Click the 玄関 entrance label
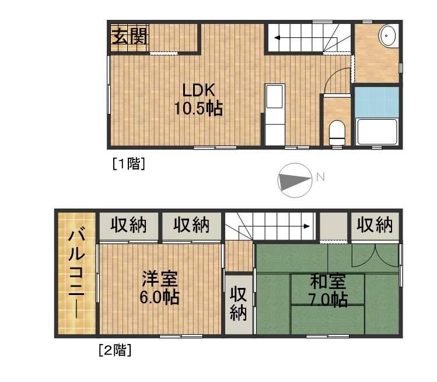pos(130,37)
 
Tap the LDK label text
pos(199,91)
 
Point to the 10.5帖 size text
pos(198,109)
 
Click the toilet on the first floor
pos(337,132)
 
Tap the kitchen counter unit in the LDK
pos(274,114)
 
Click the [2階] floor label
pos(114,350)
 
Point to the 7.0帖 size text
pos(327,300)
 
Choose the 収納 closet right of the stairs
pos(375,225)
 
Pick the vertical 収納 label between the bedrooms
pos(238,304)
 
